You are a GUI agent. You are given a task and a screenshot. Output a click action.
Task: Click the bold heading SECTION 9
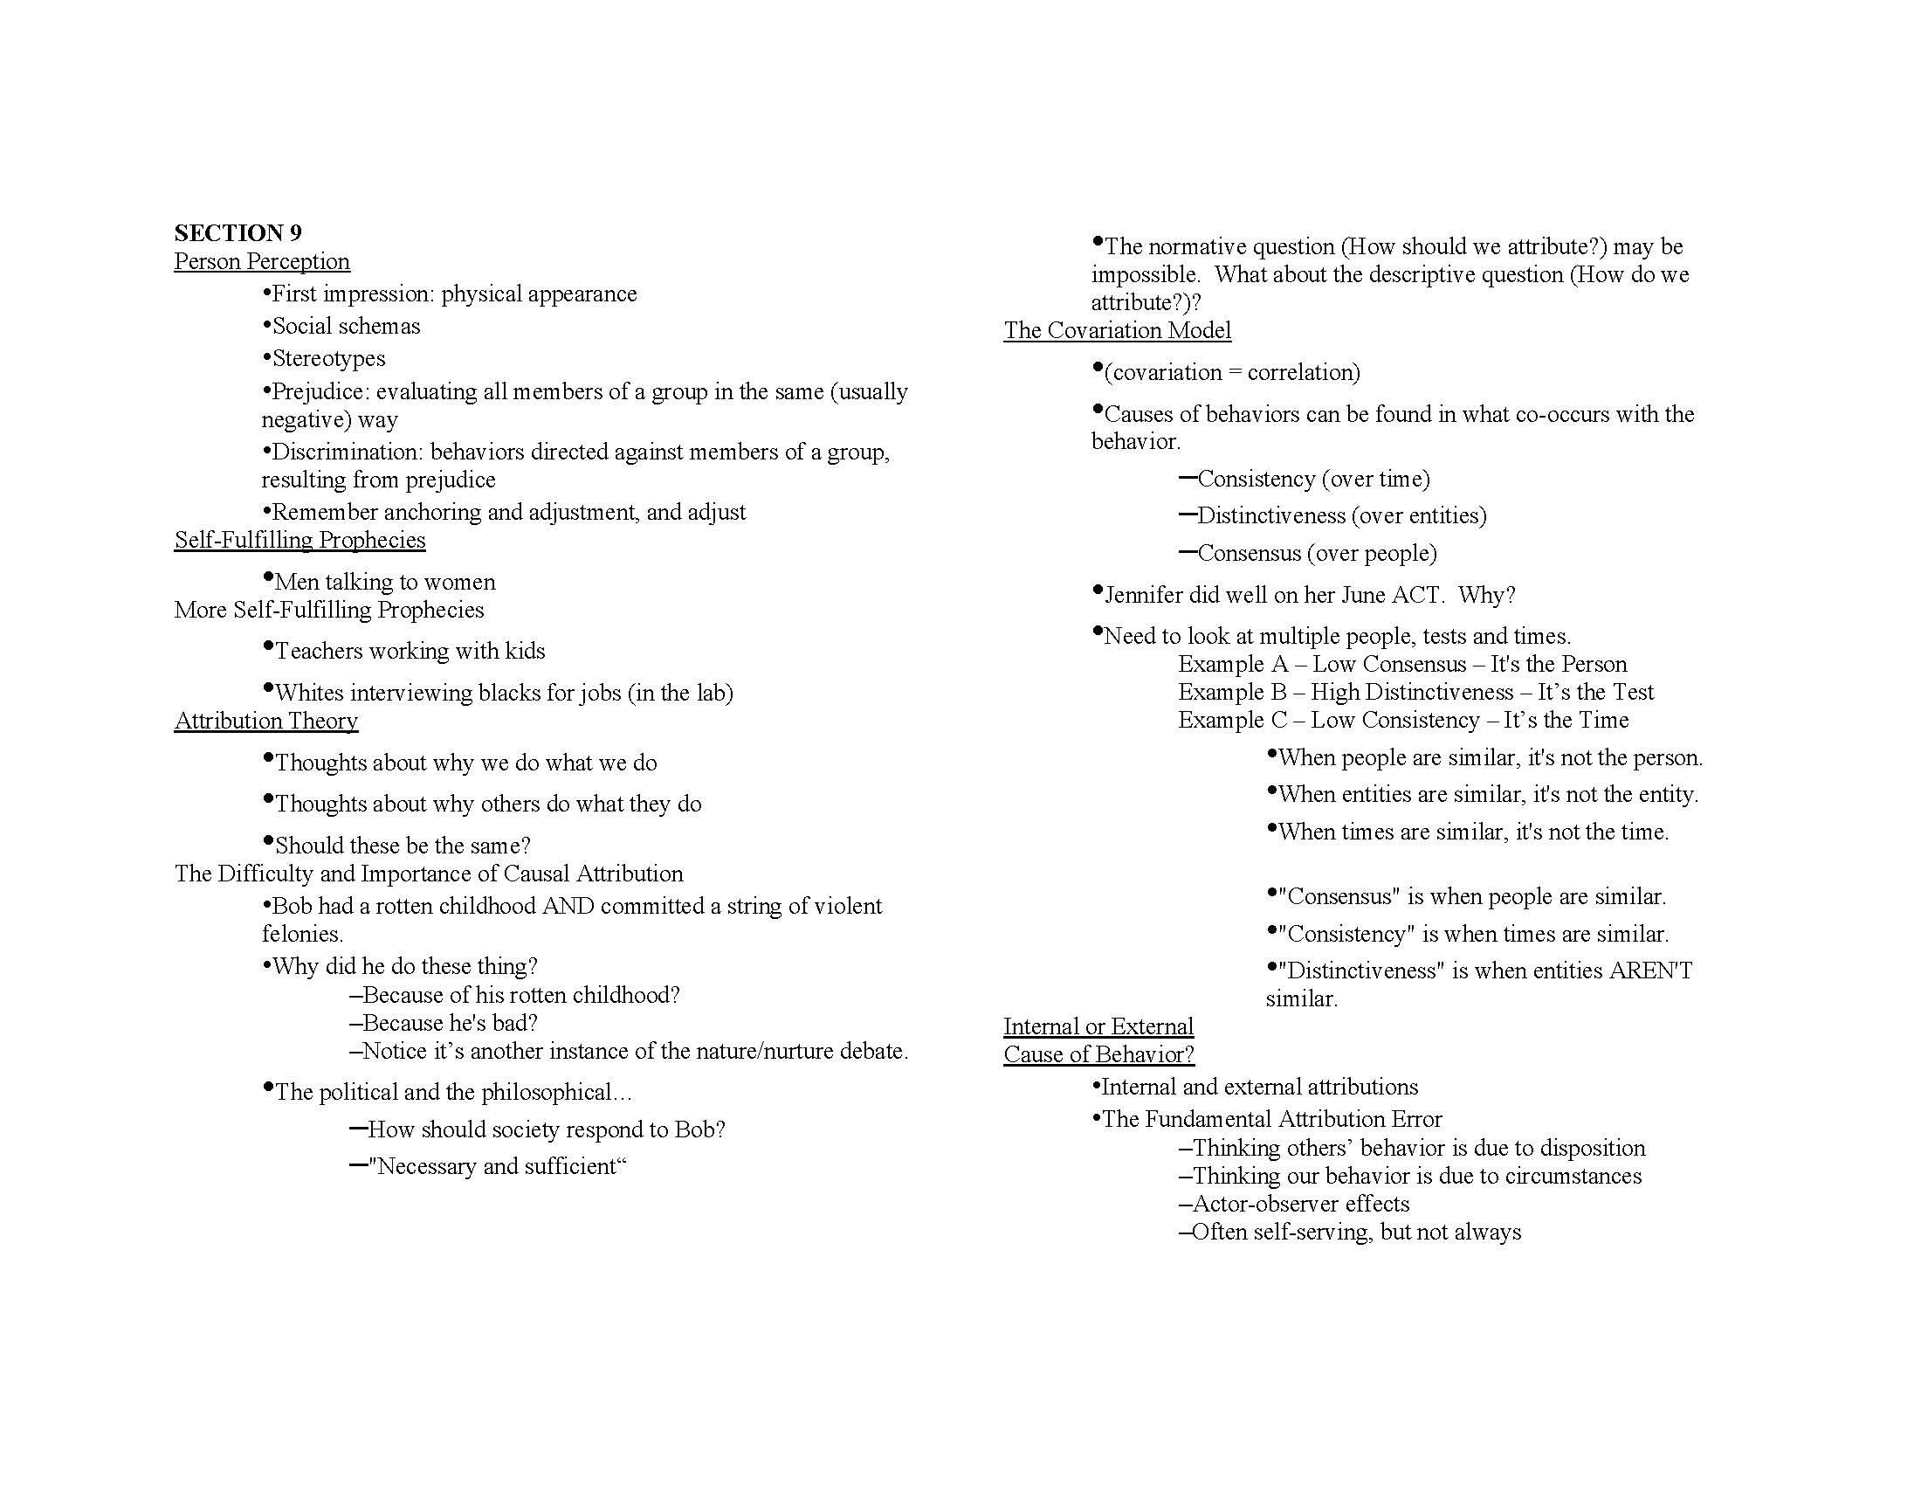238,233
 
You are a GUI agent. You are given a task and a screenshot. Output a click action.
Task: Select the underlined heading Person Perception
261,261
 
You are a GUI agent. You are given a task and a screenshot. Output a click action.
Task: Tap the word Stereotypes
329,359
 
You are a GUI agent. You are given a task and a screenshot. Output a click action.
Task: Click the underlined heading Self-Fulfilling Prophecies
299,540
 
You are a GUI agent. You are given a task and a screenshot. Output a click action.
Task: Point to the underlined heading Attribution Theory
265,722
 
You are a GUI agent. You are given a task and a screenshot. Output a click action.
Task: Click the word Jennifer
1144,596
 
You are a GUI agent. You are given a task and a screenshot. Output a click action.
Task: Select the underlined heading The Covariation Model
1117,331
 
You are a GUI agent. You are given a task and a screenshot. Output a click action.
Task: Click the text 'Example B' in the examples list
1231,693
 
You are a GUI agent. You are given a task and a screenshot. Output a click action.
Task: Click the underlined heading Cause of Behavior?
1098,1055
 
